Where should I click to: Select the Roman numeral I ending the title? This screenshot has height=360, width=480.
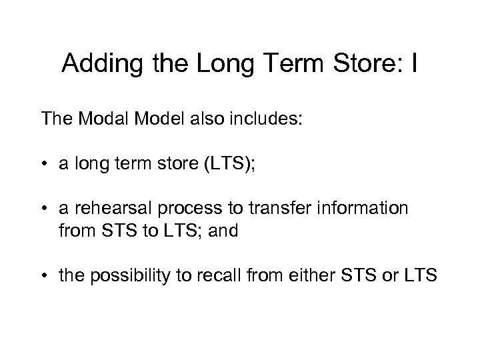point(414,64)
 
